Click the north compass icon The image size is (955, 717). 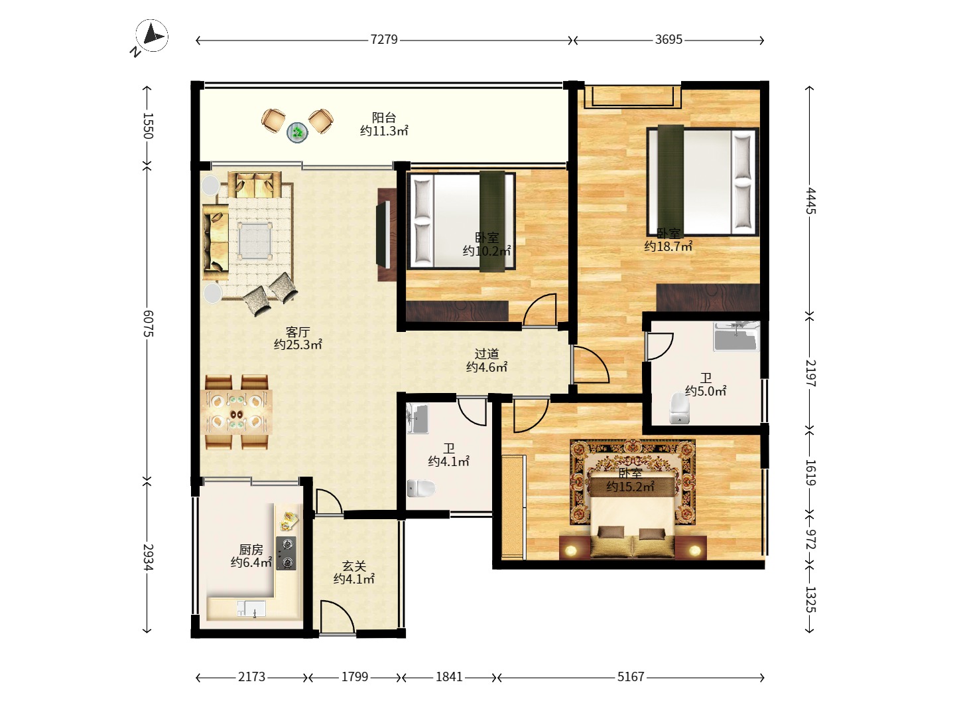[x=151, y=36]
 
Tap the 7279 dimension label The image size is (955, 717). [x=384, y=40]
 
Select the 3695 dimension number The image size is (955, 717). [x=668, y=40]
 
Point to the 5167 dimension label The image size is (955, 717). [x=631, y=677]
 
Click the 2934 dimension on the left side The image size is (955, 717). [x=148, y=557]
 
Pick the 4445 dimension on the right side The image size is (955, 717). [x=810, y=200]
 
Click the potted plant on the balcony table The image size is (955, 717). [x=298, y=131]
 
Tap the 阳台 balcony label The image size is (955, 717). [x=384, y=117]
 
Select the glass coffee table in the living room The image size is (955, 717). [x=255, y=240]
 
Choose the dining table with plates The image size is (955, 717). [x=239, y=412]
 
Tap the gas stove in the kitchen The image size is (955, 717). [x=286, y=553]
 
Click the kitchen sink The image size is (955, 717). [x=251, y=608]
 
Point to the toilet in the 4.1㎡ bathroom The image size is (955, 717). [x=420, y=488]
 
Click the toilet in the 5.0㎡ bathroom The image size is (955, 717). [x=680, y=408]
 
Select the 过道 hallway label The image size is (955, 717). [x=486, y=353]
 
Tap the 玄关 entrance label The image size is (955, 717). [x=353, y=566]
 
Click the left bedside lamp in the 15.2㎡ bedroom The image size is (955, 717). [x=570, y=551]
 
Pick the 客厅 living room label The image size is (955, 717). [x=298, y=332]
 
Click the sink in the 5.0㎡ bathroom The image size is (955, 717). [x=735, y=336]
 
